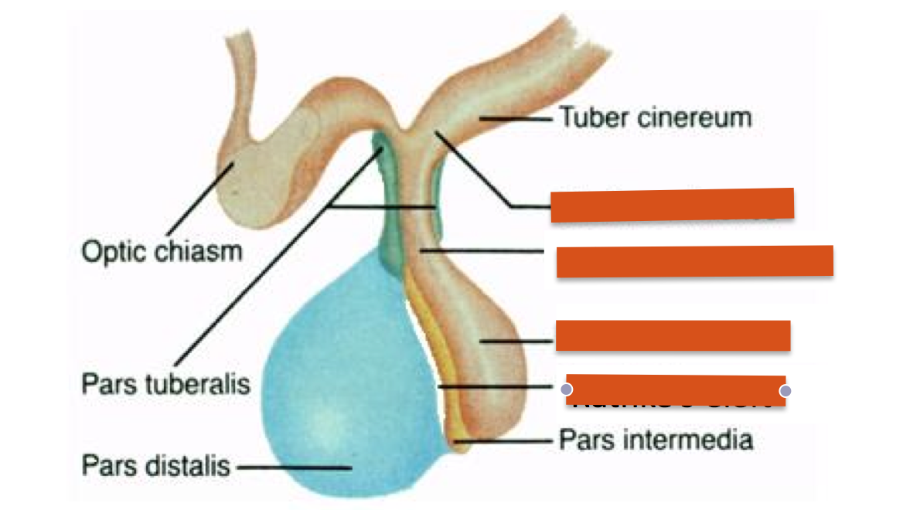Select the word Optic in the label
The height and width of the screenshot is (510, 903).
coord(114,252)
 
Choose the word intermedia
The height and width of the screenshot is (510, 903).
coord(683,440)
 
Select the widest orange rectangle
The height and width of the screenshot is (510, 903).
coord(694,261)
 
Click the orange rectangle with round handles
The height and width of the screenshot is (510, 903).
coord(676,390)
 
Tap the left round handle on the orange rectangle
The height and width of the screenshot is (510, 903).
coord(566,389)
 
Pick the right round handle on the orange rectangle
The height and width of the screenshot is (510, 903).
coord(785,390)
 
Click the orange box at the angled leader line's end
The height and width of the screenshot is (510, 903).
coord(672,205)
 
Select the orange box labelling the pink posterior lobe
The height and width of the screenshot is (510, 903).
coord(673,335)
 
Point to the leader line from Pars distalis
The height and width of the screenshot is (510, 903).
coord(294,467)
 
